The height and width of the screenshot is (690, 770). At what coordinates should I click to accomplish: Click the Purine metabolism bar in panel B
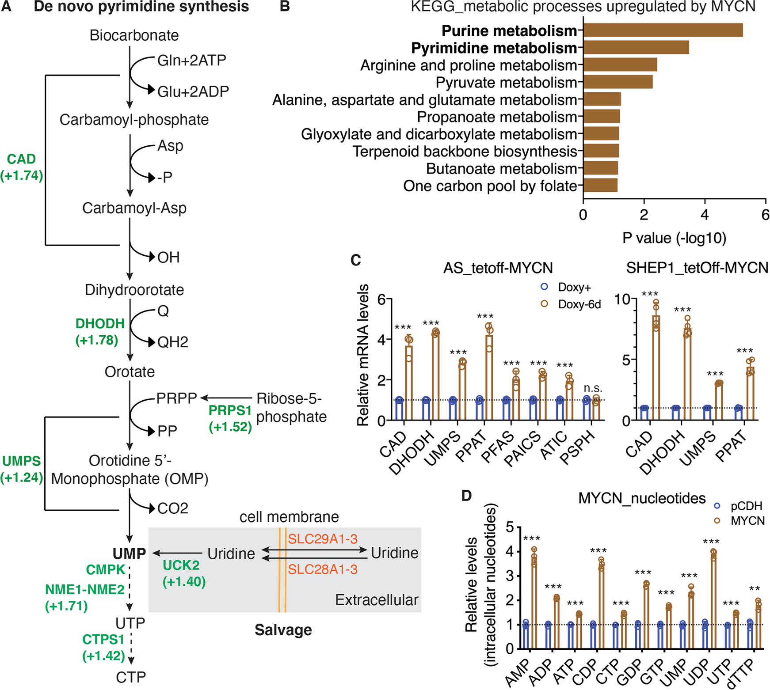pos(663,30)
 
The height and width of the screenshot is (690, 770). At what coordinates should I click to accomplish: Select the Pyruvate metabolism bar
pos(618,82)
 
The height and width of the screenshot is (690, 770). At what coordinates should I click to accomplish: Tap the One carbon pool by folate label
pos(490,186)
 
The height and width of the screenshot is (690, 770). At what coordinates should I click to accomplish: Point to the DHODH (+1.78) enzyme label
pos(99,331)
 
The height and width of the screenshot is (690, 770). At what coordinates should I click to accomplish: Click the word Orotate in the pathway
pos(130,372)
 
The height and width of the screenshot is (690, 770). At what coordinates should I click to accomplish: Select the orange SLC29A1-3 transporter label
pos(323,538)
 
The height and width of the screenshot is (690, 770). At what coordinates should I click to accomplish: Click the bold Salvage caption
pos(283,629)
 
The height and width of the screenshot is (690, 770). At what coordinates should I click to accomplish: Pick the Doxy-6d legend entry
pos(578,304)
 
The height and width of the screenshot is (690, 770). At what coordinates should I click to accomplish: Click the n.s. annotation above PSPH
pos(593,388)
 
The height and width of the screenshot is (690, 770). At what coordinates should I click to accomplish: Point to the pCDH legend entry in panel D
pos(746,506)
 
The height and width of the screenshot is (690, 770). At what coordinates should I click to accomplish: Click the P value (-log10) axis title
pos(674,238)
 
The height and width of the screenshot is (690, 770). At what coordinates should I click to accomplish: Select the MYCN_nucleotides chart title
pos(642,498)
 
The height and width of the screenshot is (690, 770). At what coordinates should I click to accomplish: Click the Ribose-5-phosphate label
pos(291,407)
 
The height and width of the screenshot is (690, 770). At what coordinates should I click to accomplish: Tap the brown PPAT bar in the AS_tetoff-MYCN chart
pos(489,378)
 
